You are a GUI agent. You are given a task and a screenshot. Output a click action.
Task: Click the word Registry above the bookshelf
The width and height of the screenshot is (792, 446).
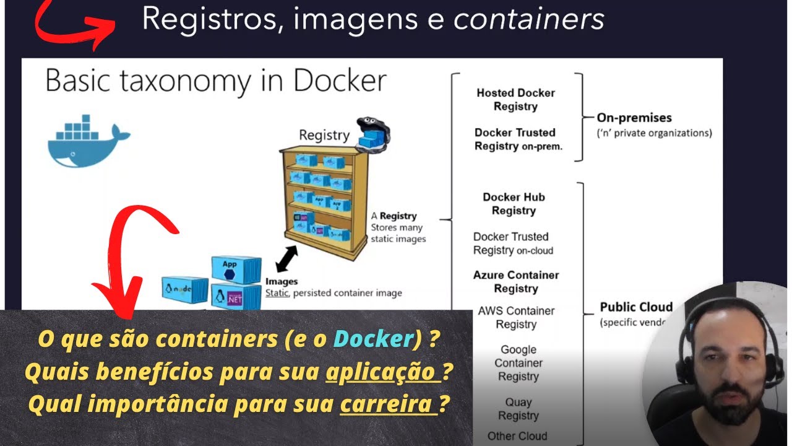(324, 134)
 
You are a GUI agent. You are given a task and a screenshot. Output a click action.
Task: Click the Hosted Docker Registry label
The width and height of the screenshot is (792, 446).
(515, 100)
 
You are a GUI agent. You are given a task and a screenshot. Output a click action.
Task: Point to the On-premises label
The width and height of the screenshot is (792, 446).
(634, 118)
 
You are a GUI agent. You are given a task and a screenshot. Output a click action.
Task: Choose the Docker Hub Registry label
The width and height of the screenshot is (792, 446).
(514, 204)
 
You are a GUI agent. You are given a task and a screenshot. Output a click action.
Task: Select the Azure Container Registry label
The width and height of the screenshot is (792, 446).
(516, 282)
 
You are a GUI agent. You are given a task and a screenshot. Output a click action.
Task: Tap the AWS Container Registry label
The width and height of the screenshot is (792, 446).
(516, 317)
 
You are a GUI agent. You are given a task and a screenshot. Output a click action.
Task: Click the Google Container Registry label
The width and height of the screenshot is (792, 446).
(519, 363)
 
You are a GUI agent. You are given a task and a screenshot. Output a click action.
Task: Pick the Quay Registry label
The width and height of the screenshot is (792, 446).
(519, 409)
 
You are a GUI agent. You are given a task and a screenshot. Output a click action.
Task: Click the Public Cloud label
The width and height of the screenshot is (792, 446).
(636, 307)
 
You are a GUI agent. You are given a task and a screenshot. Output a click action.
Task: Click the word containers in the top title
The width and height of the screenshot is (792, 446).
(528, 19)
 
